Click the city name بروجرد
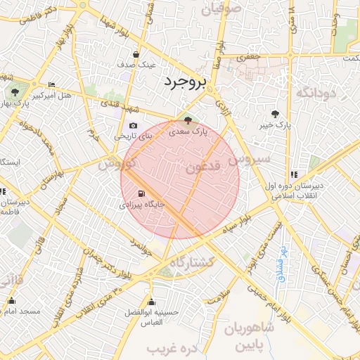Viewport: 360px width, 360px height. pos(186,81)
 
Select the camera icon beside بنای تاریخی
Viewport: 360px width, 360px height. pos(133,126)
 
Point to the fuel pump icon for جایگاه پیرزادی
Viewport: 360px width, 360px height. pos(142,194)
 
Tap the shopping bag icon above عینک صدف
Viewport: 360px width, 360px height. pos(136,54)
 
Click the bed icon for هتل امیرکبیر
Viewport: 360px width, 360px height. pos(51,84)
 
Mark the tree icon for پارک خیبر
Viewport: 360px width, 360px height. pos(275,114)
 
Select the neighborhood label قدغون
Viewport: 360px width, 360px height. pos(205,167)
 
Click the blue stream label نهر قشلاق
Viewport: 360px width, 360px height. pos(283,261)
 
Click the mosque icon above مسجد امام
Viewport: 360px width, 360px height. pos(11,301)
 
